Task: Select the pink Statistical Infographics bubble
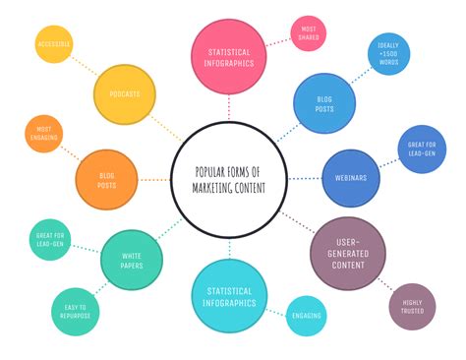click(x=229, y=56)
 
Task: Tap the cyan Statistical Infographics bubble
click(x=229, y=296)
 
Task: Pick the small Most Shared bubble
click(x=308, y=33)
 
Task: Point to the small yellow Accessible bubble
click(x=54, y=44)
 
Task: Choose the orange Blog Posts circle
click(x=107, y=180)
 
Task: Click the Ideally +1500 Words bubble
click(x=387, y=53)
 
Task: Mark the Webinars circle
click(x=351, y=177)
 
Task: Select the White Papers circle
click(x=131, y=260)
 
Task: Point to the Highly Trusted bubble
click(x=412, y=307)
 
